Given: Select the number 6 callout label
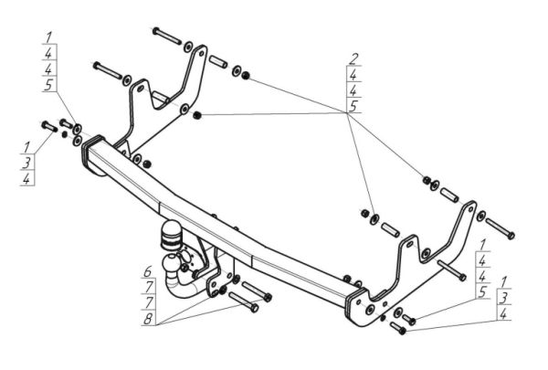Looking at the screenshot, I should pos(146,271).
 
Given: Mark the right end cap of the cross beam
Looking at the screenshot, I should pos(355,305).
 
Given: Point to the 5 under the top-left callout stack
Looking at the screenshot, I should pos(47,85).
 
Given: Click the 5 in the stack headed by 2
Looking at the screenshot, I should pos(354,106).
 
